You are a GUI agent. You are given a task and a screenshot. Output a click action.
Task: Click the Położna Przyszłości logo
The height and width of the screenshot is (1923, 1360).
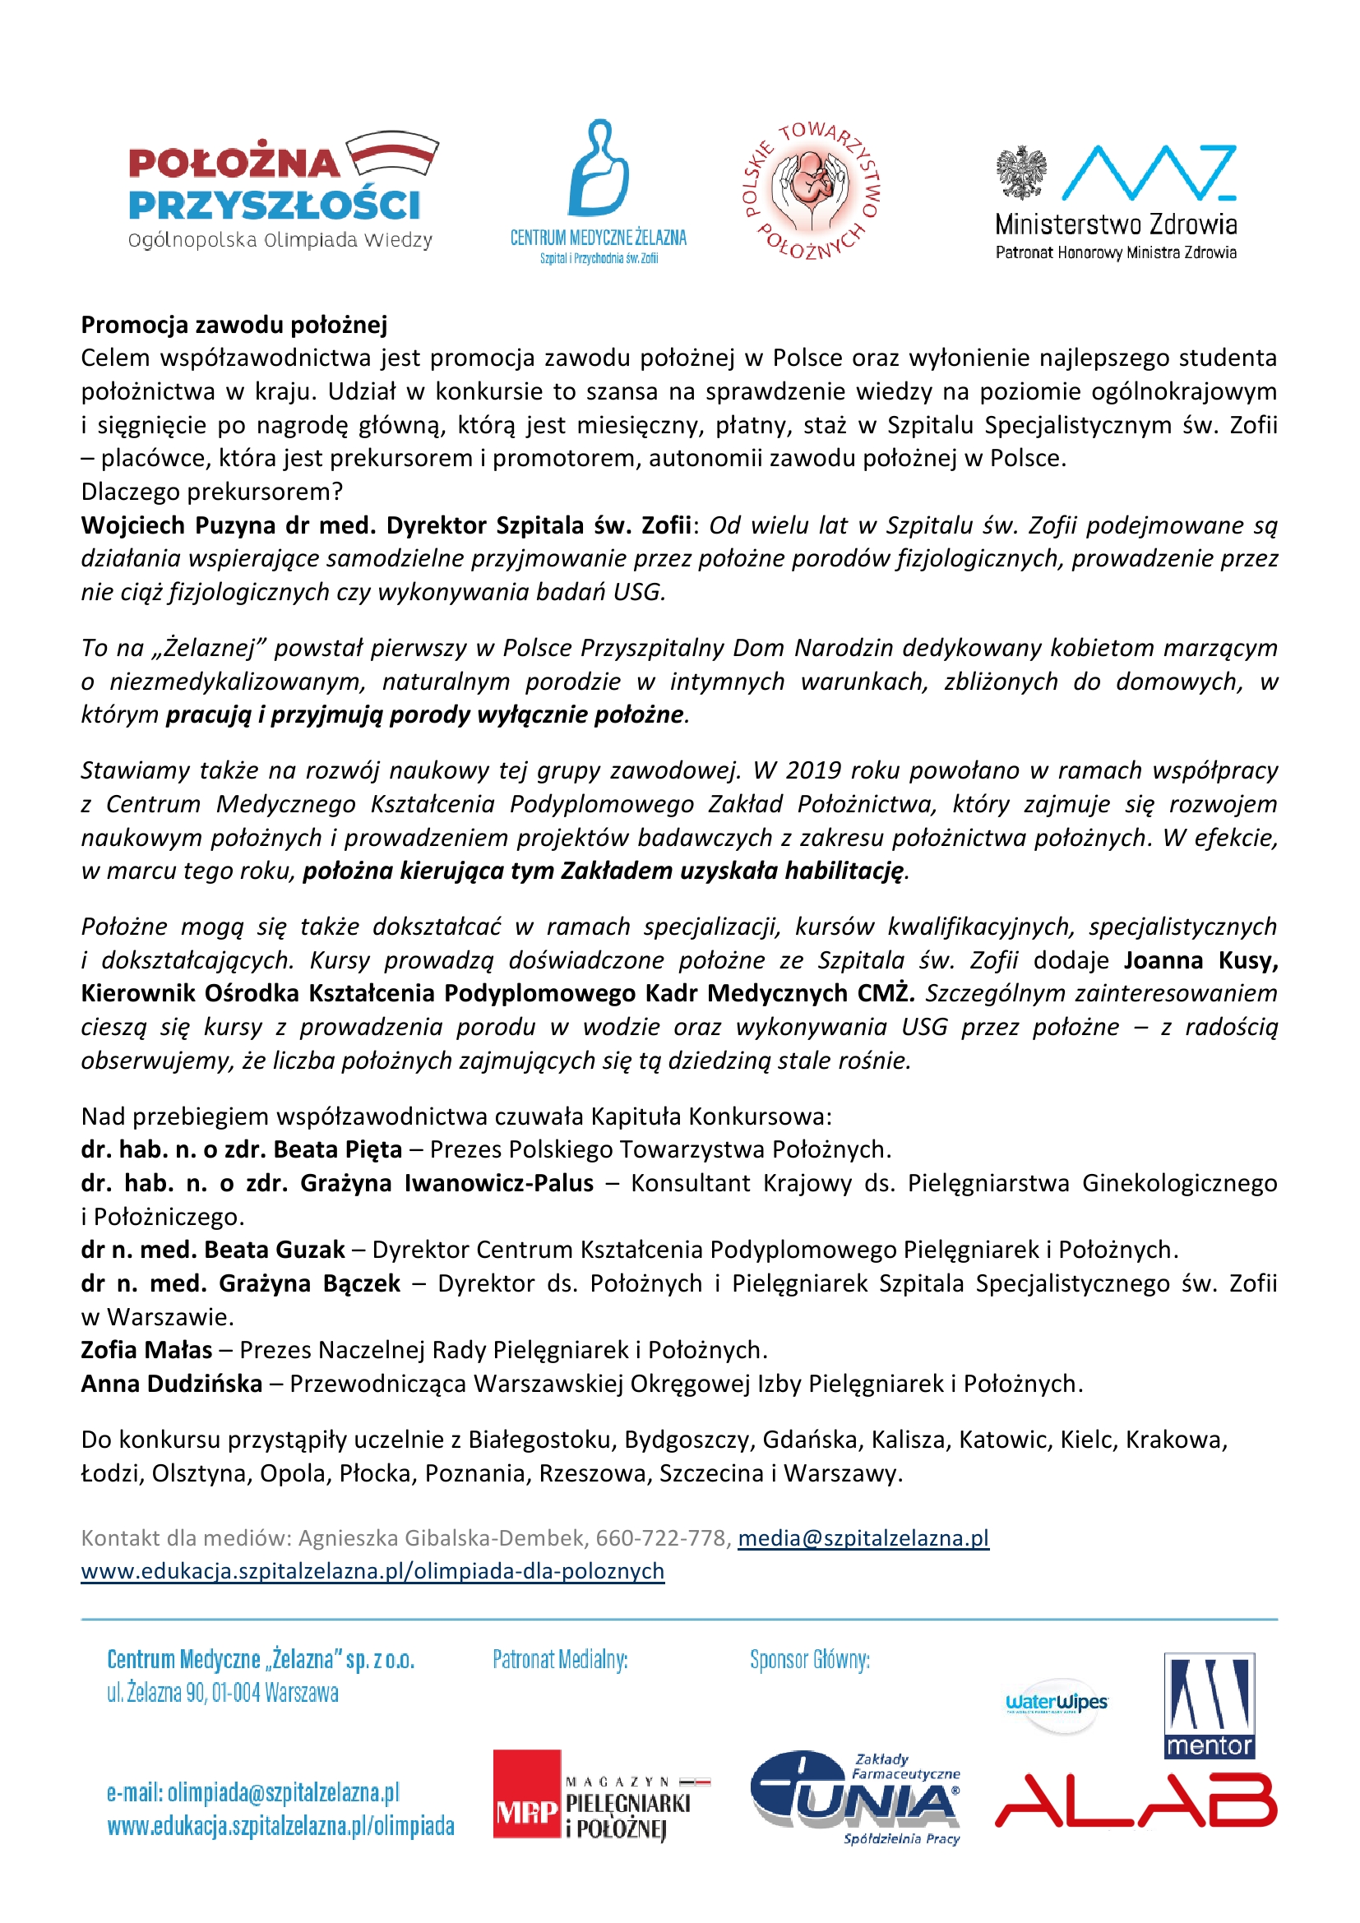(x=280, y=190)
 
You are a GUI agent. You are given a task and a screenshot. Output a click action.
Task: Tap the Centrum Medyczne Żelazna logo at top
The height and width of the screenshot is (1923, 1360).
(x=598, y=191)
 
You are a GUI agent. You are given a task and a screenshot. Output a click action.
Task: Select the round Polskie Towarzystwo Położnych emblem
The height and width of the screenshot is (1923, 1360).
(x=812, y=191)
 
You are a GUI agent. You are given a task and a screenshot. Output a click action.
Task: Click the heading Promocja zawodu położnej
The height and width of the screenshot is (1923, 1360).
(x=234, y=324)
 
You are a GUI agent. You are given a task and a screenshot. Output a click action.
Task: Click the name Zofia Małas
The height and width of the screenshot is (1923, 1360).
(x=146, y=1349)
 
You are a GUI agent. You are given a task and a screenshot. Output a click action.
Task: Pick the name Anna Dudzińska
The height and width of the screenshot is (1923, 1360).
(x=172, y=1383)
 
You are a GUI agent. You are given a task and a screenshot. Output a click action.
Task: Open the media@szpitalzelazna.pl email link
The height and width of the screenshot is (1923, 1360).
(x=863, y=1537)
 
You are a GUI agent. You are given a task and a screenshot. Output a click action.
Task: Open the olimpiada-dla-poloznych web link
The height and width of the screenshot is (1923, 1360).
(x=372, y=1570)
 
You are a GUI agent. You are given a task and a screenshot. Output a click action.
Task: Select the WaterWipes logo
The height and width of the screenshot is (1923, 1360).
(x=1056, y=1703)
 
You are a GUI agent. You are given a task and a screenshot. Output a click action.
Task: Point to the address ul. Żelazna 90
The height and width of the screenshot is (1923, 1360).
(x=222, y=1693)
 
